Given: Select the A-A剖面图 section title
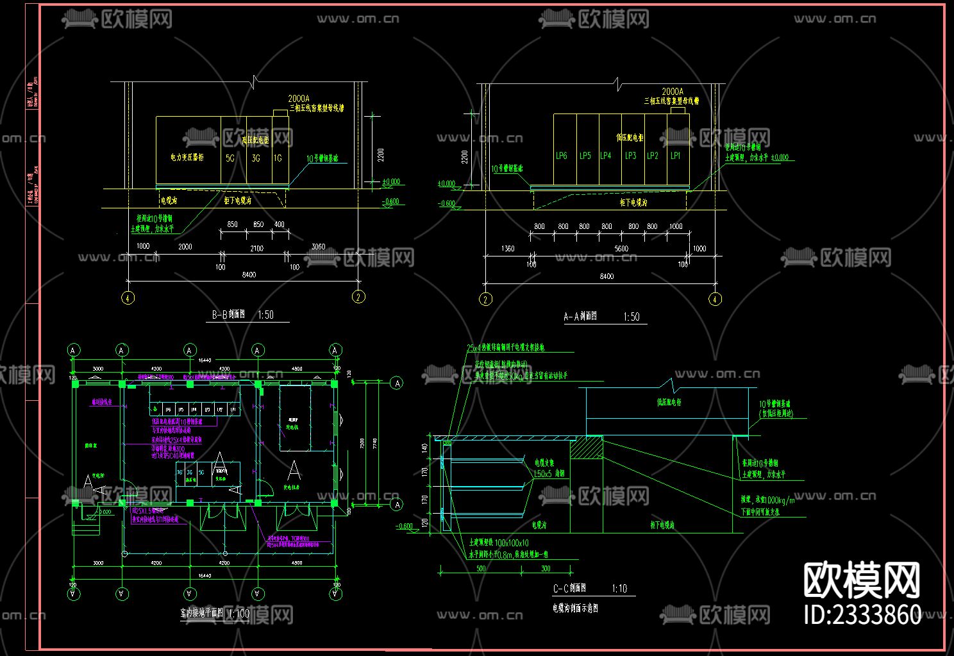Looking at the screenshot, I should click(580, 317).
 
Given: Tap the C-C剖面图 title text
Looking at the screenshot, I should click(569, 589).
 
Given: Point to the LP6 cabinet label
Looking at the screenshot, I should click(562, 156).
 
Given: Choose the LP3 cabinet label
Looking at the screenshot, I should click(631, 156).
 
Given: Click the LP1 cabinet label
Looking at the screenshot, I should click(676, 156).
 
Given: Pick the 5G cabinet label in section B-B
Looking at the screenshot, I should click(230, 158).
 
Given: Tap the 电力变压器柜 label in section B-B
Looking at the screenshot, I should click(187, 157).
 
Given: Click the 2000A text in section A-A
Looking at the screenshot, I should click(673, 92).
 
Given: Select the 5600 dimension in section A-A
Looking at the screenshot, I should click(621, 249).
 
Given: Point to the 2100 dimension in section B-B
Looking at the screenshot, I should click(256, 248).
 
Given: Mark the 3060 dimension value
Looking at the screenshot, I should click(318, 247).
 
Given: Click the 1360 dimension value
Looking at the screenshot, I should click(508, 249).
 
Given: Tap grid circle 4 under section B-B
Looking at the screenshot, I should click(128, 298).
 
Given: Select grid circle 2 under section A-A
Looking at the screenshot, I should click(486, 299).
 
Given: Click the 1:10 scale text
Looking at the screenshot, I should click(619, 589).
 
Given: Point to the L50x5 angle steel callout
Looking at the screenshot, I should click(549, 474).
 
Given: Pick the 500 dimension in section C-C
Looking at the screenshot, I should click(481, 569).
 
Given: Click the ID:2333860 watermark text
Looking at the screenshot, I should click(862, 614).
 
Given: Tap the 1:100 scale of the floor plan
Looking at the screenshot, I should click(239, 614).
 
